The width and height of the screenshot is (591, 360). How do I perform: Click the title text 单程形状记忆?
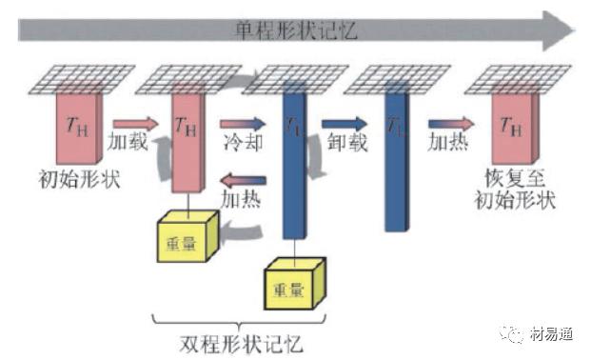click(295, 30)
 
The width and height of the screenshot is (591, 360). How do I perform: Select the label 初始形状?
click(82, 178)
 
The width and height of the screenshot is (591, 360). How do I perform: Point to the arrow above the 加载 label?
click(133, 123)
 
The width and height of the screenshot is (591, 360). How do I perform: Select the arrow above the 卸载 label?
click(343, 123)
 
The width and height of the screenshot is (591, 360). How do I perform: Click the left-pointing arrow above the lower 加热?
click(244, 180)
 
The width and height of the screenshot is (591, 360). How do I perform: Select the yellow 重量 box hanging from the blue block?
click(294, 286)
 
